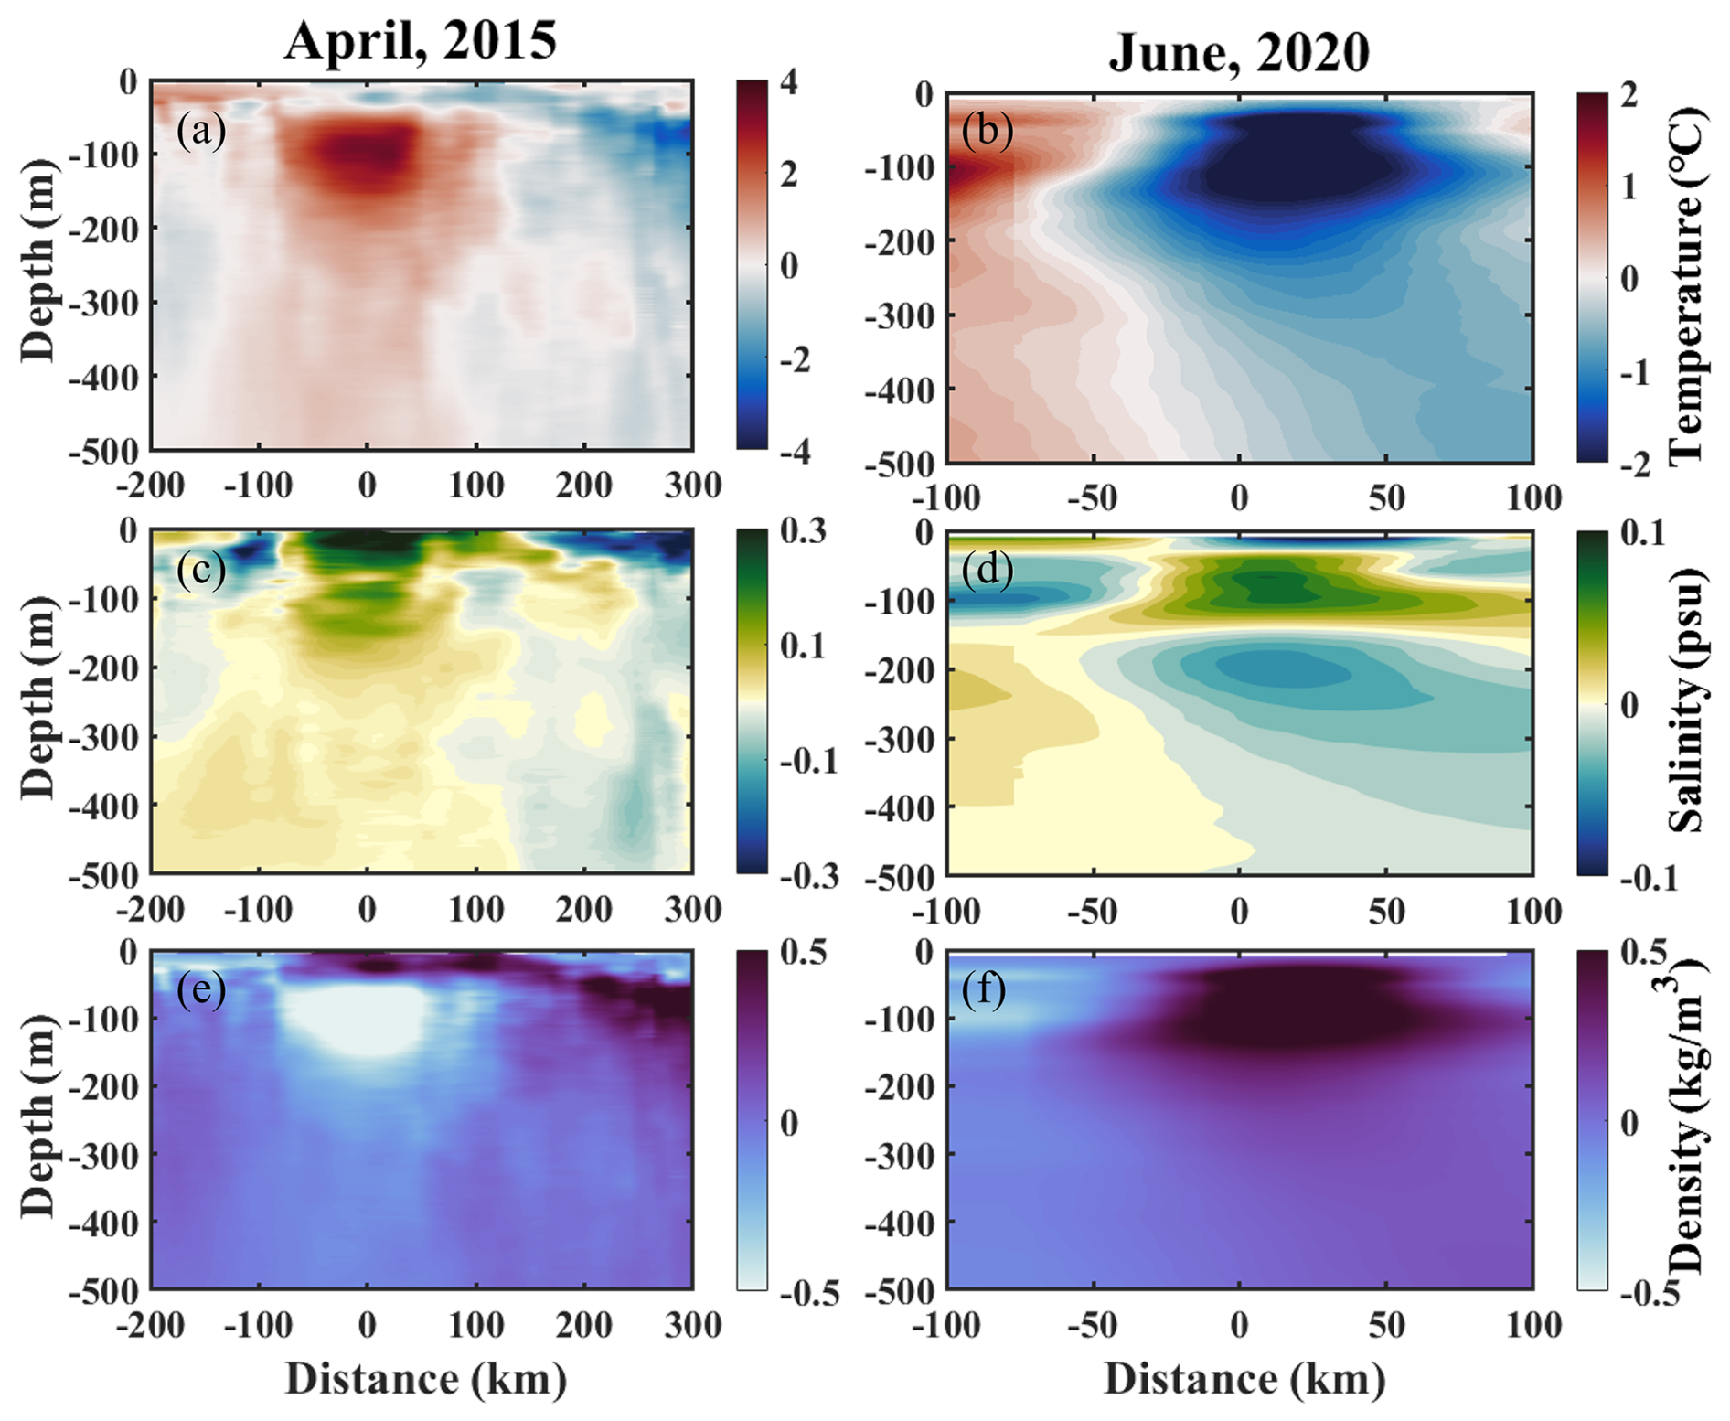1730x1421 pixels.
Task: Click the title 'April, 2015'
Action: tap(420, 41)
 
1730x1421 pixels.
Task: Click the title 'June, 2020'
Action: tap(1239, 52)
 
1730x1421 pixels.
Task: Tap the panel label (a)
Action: tap(201, 131)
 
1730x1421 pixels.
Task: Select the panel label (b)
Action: tap(988, 131)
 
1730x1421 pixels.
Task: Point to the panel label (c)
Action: tap(201, 570)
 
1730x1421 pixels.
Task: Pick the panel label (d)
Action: tap(988, 570)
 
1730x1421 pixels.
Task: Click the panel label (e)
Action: tap(201, 990)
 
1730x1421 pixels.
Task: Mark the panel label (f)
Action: tap(984, 990)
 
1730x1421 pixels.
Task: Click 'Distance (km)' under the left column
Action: tap(426, 1379)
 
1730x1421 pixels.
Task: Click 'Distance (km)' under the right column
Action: tap(1244, 1379)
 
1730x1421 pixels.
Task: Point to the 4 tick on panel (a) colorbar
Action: tap(788, 82)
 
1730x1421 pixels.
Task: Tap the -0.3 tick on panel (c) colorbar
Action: tap(808, 875)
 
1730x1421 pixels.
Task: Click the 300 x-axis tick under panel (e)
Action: tap(692, 1324)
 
